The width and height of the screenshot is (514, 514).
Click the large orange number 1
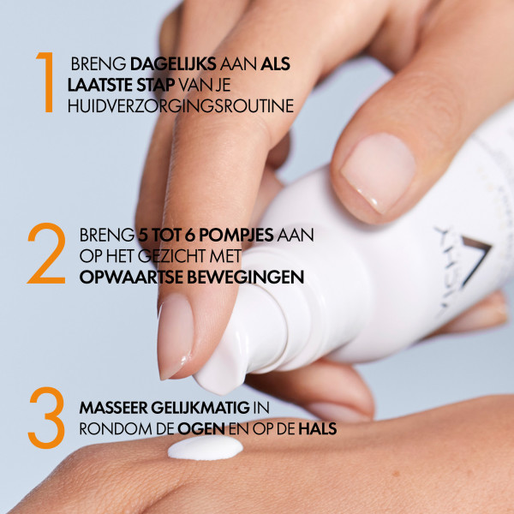[x=45, y=82]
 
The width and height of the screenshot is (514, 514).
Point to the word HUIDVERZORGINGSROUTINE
[x=180, y=106]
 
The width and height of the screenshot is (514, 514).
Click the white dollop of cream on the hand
[x=206, y=448]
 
